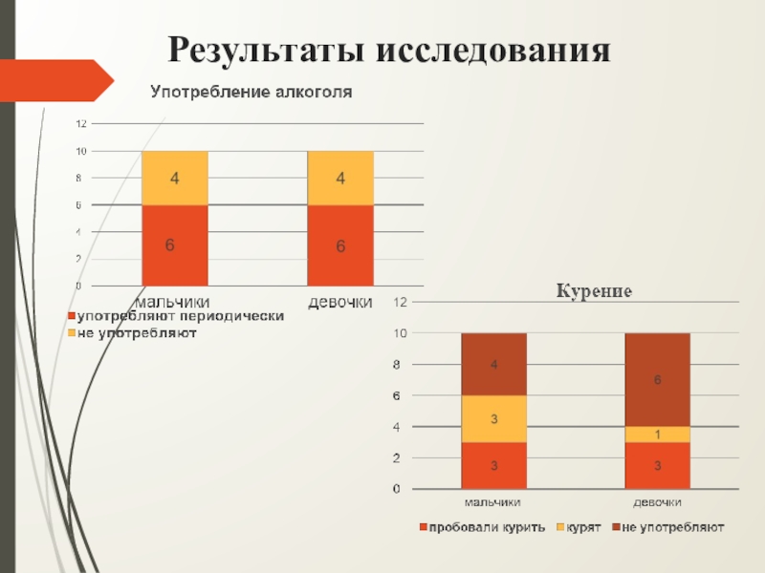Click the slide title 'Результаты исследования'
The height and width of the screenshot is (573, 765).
pos(388,49)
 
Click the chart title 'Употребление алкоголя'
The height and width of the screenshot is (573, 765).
pos(251,93)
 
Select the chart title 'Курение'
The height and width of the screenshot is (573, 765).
pos(595,290)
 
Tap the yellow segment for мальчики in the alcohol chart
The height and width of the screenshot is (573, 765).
pos(174,179)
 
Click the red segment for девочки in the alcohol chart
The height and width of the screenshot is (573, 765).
pos(339,245)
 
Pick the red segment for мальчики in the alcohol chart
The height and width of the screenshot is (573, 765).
pos(174,245)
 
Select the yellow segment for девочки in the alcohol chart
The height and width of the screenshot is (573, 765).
pos(339,179)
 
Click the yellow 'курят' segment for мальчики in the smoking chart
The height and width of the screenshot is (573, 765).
pos(493,418)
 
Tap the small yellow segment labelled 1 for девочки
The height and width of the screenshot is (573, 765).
pos(657,435)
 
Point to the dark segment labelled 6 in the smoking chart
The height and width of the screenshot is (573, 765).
pos(657,380)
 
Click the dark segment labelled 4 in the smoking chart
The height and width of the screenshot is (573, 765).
pos(493,364)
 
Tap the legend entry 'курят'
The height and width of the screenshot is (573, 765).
pos(579,527)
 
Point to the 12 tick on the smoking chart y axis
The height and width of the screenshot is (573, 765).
pos(401,302)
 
